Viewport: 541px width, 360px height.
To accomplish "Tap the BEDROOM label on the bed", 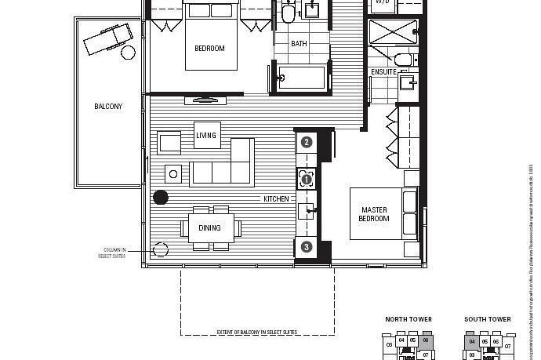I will pos(209,49).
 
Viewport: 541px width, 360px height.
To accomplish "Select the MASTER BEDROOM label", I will pos(374,214).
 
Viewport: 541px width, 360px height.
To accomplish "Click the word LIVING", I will pos(205,136).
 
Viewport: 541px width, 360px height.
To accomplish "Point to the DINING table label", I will pos(209,228).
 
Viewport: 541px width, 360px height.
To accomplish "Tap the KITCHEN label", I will pos(276,199).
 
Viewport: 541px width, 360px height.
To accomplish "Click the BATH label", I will pos(299,44).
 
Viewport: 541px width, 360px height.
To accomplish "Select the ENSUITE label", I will pos(384,72).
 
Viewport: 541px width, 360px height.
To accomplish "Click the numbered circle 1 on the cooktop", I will pos(307,180).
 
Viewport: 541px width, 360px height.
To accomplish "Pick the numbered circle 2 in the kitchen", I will pos(307,142).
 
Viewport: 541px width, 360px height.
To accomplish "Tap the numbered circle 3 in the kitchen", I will pos(307,247).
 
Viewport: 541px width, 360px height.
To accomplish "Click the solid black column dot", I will pos(161,198).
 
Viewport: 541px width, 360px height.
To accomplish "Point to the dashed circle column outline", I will pos(161,250).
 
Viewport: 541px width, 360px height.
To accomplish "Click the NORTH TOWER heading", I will pos(408,320).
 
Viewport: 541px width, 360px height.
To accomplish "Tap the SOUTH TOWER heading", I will pos(487,320).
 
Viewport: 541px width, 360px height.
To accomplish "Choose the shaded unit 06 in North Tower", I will pos(426,341).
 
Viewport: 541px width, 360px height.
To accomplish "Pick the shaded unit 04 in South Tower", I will pos(472,342).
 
